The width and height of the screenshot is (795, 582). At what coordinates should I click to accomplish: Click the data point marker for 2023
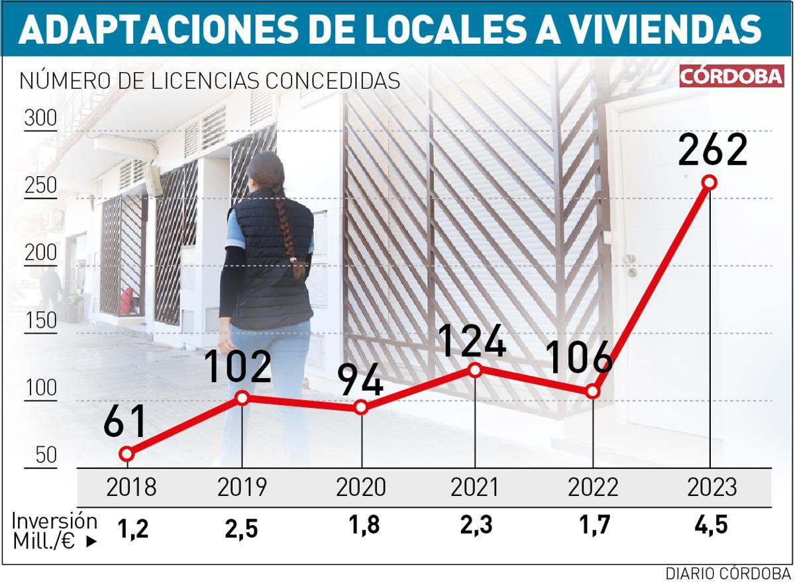710,182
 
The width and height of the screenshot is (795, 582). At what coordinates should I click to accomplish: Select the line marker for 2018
127,454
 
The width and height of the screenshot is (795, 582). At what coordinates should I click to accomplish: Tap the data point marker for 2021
475,370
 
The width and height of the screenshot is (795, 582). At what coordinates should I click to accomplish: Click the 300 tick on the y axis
41,121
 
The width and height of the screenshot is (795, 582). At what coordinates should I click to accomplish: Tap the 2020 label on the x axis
360,488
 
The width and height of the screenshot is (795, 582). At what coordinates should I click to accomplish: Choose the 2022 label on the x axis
593,488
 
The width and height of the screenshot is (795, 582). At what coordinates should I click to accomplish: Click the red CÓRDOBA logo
731,77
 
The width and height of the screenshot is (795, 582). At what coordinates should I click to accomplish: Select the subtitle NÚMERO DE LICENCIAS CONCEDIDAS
210,81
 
